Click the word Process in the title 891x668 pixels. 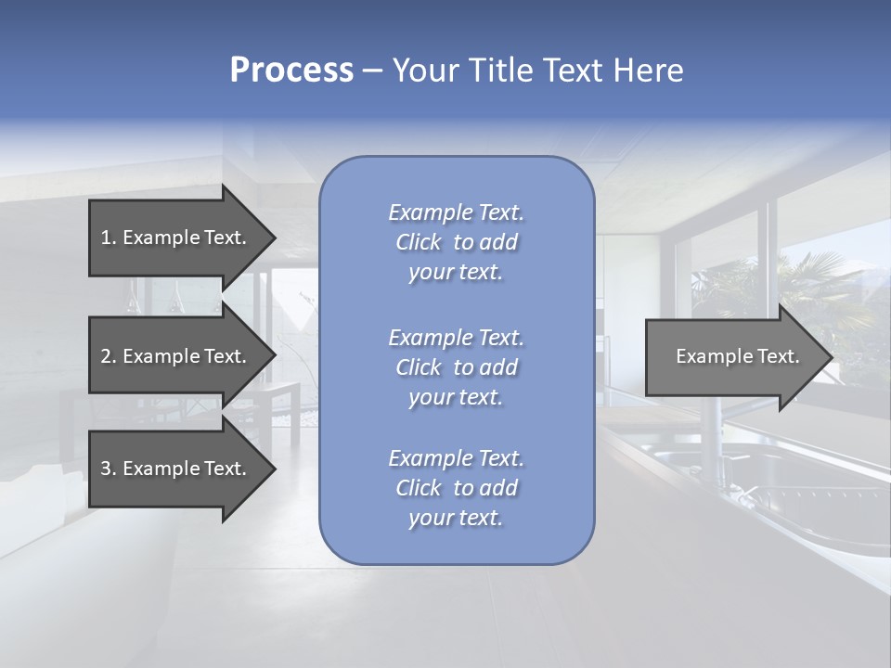click(x=291, y=71)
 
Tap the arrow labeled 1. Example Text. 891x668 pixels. click(x=176, y=238)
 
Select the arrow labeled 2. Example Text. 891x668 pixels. click(x=176, y=356)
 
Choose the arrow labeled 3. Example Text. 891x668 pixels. click(x=176, y=469)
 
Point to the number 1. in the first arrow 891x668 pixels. click(x=108, y=238)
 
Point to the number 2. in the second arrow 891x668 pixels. click(x=108, y=356)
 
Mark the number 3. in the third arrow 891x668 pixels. click(x=108, y=469)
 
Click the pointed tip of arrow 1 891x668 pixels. click(x=271, y=238)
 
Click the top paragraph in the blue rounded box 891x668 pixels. click(x=456, y=242)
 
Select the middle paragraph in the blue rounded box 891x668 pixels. click(x=456, y=367)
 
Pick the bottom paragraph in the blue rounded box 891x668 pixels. click(x=456, y=488)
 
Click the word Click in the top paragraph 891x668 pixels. click(x=419, y=242)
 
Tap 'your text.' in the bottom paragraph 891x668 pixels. click(x=456, y=518)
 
